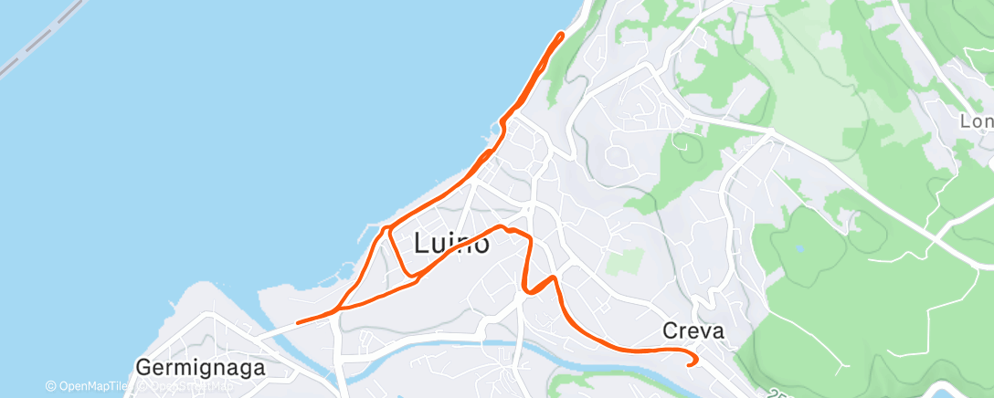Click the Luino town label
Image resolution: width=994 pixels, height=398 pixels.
pos(451,244)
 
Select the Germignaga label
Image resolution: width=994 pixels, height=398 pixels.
pos(200,368)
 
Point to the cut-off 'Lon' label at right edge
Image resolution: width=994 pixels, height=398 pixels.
pos(976,121)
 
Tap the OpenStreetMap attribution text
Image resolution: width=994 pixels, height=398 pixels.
pos(183,387)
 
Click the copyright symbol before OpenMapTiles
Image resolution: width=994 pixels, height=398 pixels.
pos(51,387)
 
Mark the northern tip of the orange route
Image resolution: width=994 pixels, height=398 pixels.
pos(560,35)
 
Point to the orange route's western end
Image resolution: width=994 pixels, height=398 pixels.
pos(299,321)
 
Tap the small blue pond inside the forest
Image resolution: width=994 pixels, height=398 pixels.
pos(801,247)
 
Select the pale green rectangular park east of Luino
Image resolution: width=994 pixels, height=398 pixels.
pos(625,259)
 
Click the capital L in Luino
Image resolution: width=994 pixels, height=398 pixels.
pos(422,244)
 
